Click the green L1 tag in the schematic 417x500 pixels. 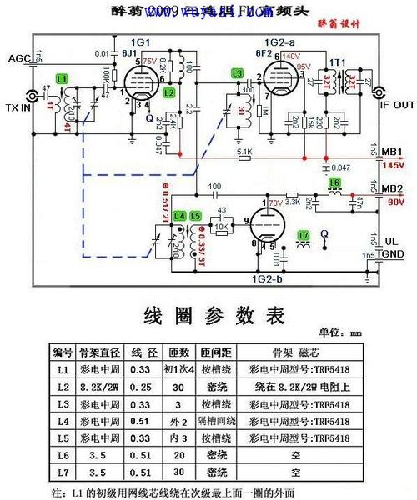[x=61, y=77]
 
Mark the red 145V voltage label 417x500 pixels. [x=392, y=165]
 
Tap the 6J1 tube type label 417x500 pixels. [x=129, y=52]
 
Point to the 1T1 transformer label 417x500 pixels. [x=337, y=62]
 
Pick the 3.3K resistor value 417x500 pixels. [x=292, y=201]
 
